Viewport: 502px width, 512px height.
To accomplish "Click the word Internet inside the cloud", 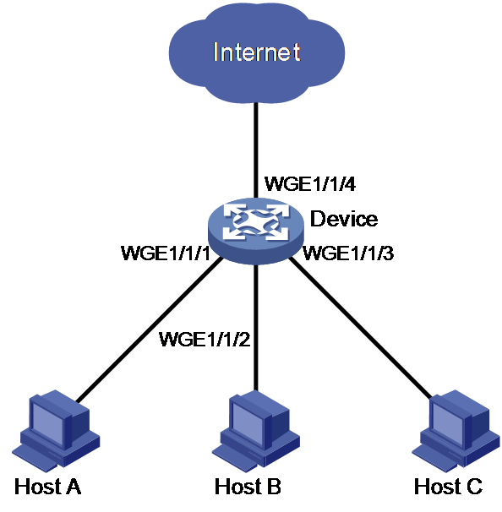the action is [257, 52].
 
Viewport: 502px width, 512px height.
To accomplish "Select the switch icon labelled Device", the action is [256, 231].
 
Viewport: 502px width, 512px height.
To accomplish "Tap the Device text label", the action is [344, 219].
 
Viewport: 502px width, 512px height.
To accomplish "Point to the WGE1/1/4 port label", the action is [310, 184].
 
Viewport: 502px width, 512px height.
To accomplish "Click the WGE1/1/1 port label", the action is [166, 253].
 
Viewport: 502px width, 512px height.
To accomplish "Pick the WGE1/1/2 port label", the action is [205, 340].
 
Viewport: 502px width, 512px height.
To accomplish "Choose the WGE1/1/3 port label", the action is [348, 253].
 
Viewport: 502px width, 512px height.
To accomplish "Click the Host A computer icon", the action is [56, 431].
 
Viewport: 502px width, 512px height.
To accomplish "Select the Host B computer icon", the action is [256, 432].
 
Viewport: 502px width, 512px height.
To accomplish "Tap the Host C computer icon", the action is [456, 431].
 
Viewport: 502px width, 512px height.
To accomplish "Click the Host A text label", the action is [47, 487].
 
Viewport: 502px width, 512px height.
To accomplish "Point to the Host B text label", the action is [248, 487].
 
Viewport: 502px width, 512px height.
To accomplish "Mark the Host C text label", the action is [448, 487].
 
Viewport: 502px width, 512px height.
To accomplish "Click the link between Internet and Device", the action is [256, 150].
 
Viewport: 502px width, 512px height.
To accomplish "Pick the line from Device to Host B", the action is [256, 328].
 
